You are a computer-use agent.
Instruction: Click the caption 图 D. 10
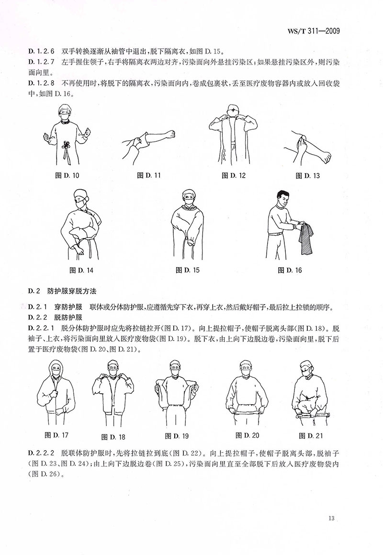pyautogui.click(x=68, y=175)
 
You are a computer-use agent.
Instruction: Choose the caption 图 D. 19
pyautogui.click(x=177, y=435)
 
